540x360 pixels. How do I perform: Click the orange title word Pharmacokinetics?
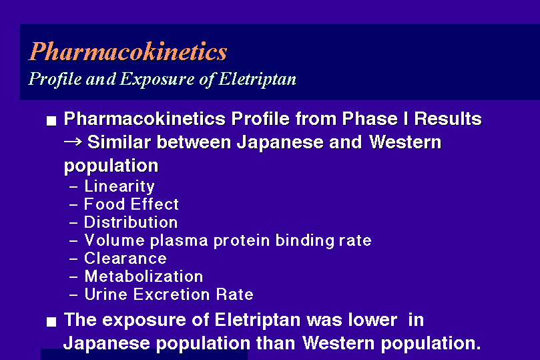tap(127, 51)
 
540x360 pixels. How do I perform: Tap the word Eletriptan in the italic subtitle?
tap(258, 79)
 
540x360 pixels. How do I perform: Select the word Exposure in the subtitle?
tap(157, 79)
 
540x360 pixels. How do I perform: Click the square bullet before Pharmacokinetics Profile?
tap(51, 121)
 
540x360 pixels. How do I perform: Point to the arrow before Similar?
tap(73, 141)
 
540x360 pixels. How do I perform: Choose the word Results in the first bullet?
tap(448, 118)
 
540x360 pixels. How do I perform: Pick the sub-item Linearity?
tap(119, 186)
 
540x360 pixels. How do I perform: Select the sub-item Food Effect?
tap(131, 204)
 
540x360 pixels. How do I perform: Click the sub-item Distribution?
tap(131, 222)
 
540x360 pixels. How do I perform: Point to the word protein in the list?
tap(242, 241)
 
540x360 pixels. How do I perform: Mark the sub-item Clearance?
tap(125, 258)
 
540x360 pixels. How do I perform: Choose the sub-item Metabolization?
tap(144, 277)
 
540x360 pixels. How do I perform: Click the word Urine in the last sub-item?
tap(106, 295)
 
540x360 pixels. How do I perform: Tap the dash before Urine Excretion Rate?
tap(73, 295)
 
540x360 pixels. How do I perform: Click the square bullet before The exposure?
tap(51, 322)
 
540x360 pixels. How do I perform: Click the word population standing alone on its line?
tap(111, 166)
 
